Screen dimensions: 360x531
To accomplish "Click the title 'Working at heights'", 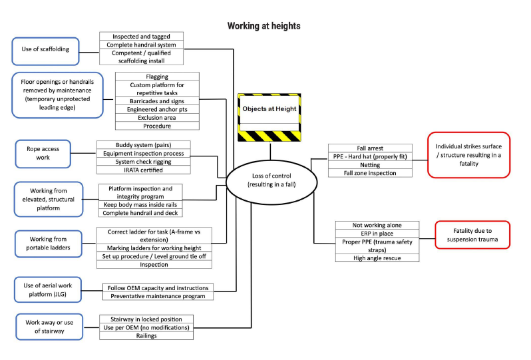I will click(x=264, y=26).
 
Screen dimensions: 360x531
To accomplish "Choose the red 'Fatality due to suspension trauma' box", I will click(x=472, y=234).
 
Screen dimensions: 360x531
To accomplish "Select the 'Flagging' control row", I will click(x=157, y=77).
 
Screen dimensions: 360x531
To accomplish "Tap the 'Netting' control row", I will click(x=370, y=165).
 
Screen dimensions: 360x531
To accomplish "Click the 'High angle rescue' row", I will click(x=377, y=258).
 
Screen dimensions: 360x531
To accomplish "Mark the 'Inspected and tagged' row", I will click(x=141, y=37).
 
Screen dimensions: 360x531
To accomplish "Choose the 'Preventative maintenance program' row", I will click(x=158, y=296).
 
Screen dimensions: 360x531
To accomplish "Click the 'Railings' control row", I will click(x=147, y=336).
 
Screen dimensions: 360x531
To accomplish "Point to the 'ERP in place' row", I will click(x=377, y=234).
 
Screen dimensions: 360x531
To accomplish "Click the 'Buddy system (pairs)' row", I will click(x=144, y=144).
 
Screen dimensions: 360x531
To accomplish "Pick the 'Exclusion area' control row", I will click(x=157, y=117).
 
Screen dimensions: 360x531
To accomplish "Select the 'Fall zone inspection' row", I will click(x=370, y=173).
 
